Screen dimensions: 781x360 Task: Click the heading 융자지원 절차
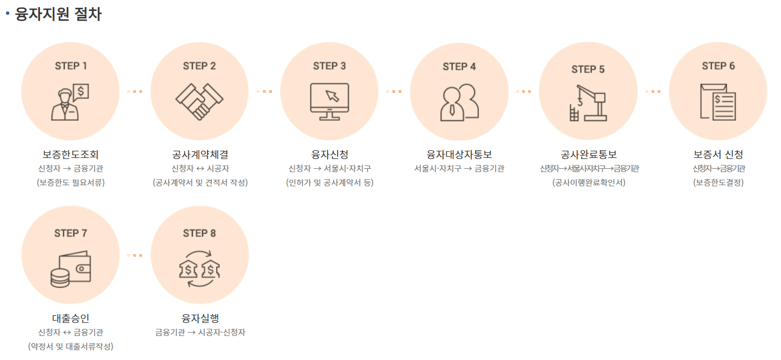click(x=58, y=14)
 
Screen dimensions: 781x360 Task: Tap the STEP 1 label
click(x=70, y=66)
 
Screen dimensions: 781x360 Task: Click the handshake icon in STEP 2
click(x=199, y=101)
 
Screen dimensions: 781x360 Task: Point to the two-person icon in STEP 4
click(x=459, y=102)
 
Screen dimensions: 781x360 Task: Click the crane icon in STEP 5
click(x=588, y=103)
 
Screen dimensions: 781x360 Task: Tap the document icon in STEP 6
click(x=718, y=102)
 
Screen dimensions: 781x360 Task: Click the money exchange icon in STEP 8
click(x=199, y=269)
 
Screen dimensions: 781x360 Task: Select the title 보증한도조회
click(x=70, y=155)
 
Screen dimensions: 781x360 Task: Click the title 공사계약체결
click(x=200, y=155)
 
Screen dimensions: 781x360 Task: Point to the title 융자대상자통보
click(x=459, y=155)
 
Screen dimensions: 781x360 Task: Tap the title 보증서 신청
click(x=718, y=155)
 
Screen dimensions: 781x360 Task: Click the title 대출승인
click(x=70, y=318)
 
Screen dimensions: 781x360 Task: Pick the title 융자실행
click(x=200, y=318)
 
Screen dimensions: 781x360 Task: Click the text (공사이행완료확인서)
click(x=588, y=182)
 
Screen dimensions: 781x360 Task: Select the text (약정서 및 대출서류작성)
click(x=70, y=346)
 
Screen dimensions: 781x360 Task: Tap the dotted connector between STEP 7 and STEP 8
click(x=135, y=255)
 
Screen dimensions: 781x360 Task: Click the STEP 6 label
click(x=718, y=66)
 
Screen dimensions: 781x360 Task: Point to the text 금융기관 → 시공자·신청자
click(x=200, y=332)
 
